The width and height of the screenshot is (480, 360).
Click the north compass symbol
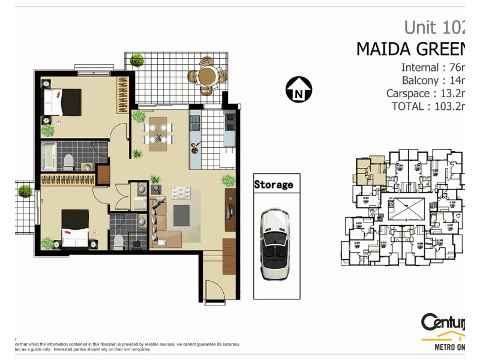pyautogui.click(x=298, y=89)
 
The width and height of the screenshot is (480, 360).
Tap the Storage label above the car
pyautogui.click(x=274, y=184)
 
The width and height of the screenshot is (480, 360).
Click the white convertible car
pyautogui.click(x=275, y=244)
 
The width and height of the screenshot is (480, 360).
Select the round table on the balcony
pyautogui.click(x=208, y=76)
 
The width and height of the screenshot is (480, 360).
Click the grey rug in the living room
pyautogui.click(x=181, y=214)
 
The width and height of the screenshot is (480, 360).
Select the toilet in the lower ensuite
pyautogui.click(x=118, y=241)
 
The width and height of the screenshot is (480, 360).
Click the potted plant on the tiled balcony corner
pyautogui.click(x=137, y=60)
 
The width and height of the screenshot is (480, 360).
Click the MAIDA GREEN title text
pyautogui.click(x=410, y=49)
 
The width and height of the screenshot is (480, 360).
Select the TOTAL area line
pyautogui.click(x=428, y=106)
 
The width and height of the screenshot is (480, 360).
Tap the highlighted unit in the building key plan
pyautogui.click(x=370, y=170)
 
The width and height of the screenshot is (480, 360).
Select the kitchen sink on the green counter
pyautogui.click(x=195, y=148)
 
